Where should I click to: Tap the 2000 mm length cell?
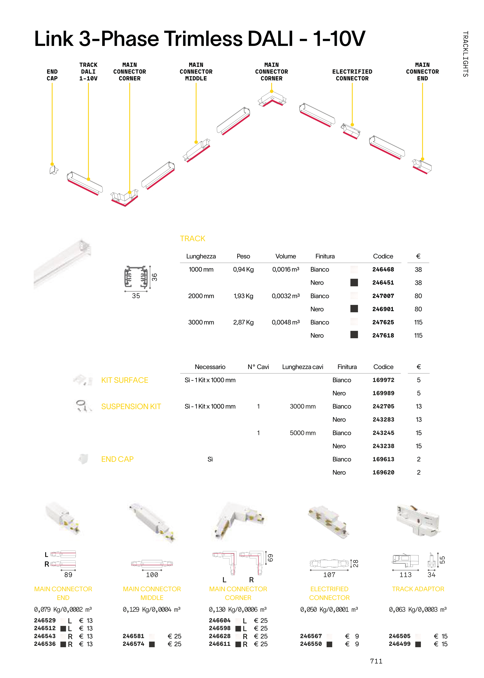pyautogui.click(x=201, y=296)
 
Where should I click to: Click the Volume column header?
pyautogui.click(x=286, y=256)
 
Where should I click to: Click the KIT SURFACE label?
pyautogui.click(x=124, y=380)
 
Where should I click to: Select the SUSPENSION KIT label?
pyautogui.click(x=131, y=406)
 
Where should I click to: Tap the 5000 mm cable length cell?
pyautogui.click(x=302, y=433)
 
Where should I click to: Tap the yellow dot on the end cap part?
pyautogui.click(x=52, y=164)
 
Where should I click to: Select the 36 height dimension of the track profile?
pyautogui.click(x=154, y=277)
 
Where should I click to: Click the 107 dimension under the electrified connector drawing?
pyautogui.click(x=329, y=575)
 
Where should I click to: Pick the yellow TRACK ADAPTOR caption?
pyautogui.click(x=418, y=589)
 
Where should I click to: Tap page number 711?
pyautogui.click(x=376, y=661)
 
